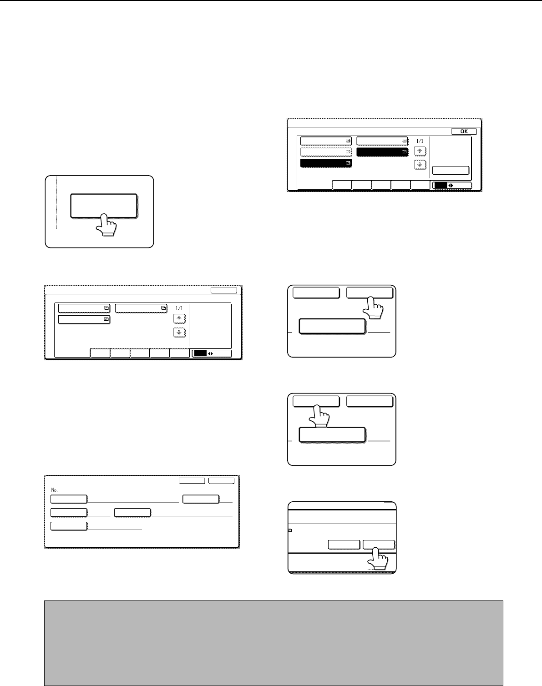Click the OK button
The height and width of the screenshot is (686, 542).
coord(464,131)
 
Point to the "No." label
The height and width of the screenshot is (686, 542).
coord(54,490)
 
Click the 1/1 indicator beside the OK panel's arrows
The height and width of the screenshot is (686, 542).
coord(420,141)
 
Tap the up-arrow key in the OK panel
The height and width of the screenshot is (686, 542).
coord(420,151)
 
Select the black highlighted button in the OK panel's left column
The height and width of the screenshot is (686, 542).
coord(326,163)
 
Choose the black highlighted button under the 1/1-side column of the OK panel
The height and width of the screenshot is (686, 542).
coord(382,152)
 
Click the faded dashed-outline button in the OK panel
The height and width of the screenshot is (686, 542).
coord(326,152)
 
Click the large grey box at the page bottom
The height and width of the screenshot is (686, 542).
coord(274,643)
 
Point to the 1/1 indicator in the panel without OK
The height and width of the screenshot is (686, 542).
coord(179,308)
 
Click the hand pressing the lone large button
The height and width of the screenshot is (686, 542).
coord(106,225)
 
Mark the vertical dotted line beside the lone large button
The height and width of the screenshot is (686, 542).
coord(57,203)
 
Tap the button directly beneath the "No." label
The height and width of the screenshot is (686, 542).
coord(69,499)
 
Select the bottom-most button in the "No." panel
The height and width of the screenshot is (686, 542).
coord(69,526)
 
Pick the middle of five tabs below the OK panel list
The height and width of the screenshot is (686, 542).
coord(381,185)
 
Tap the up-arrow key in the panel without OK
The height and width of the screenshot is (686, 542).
coord(179,319)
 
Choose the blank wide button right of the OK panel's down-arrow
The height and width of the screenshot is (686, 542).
coord(451,170)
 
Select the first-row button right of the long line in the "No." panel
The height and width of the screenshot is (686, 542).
coord(201,499)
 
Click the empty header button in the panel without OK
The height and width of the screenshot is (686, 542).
coord(224,290)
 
